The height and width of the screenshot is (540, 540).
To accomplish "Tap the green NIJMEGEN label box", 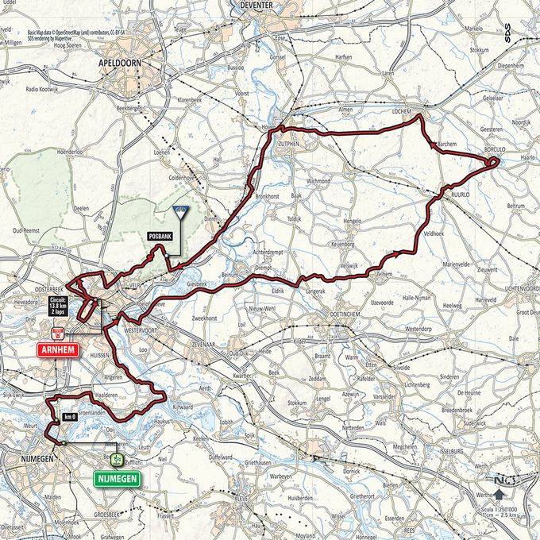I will pyautogui.click(x=116, y=479).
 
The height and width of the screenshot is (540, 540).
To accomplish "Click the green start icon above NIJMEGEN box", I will pyautogui.click(x=116, y=461).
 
